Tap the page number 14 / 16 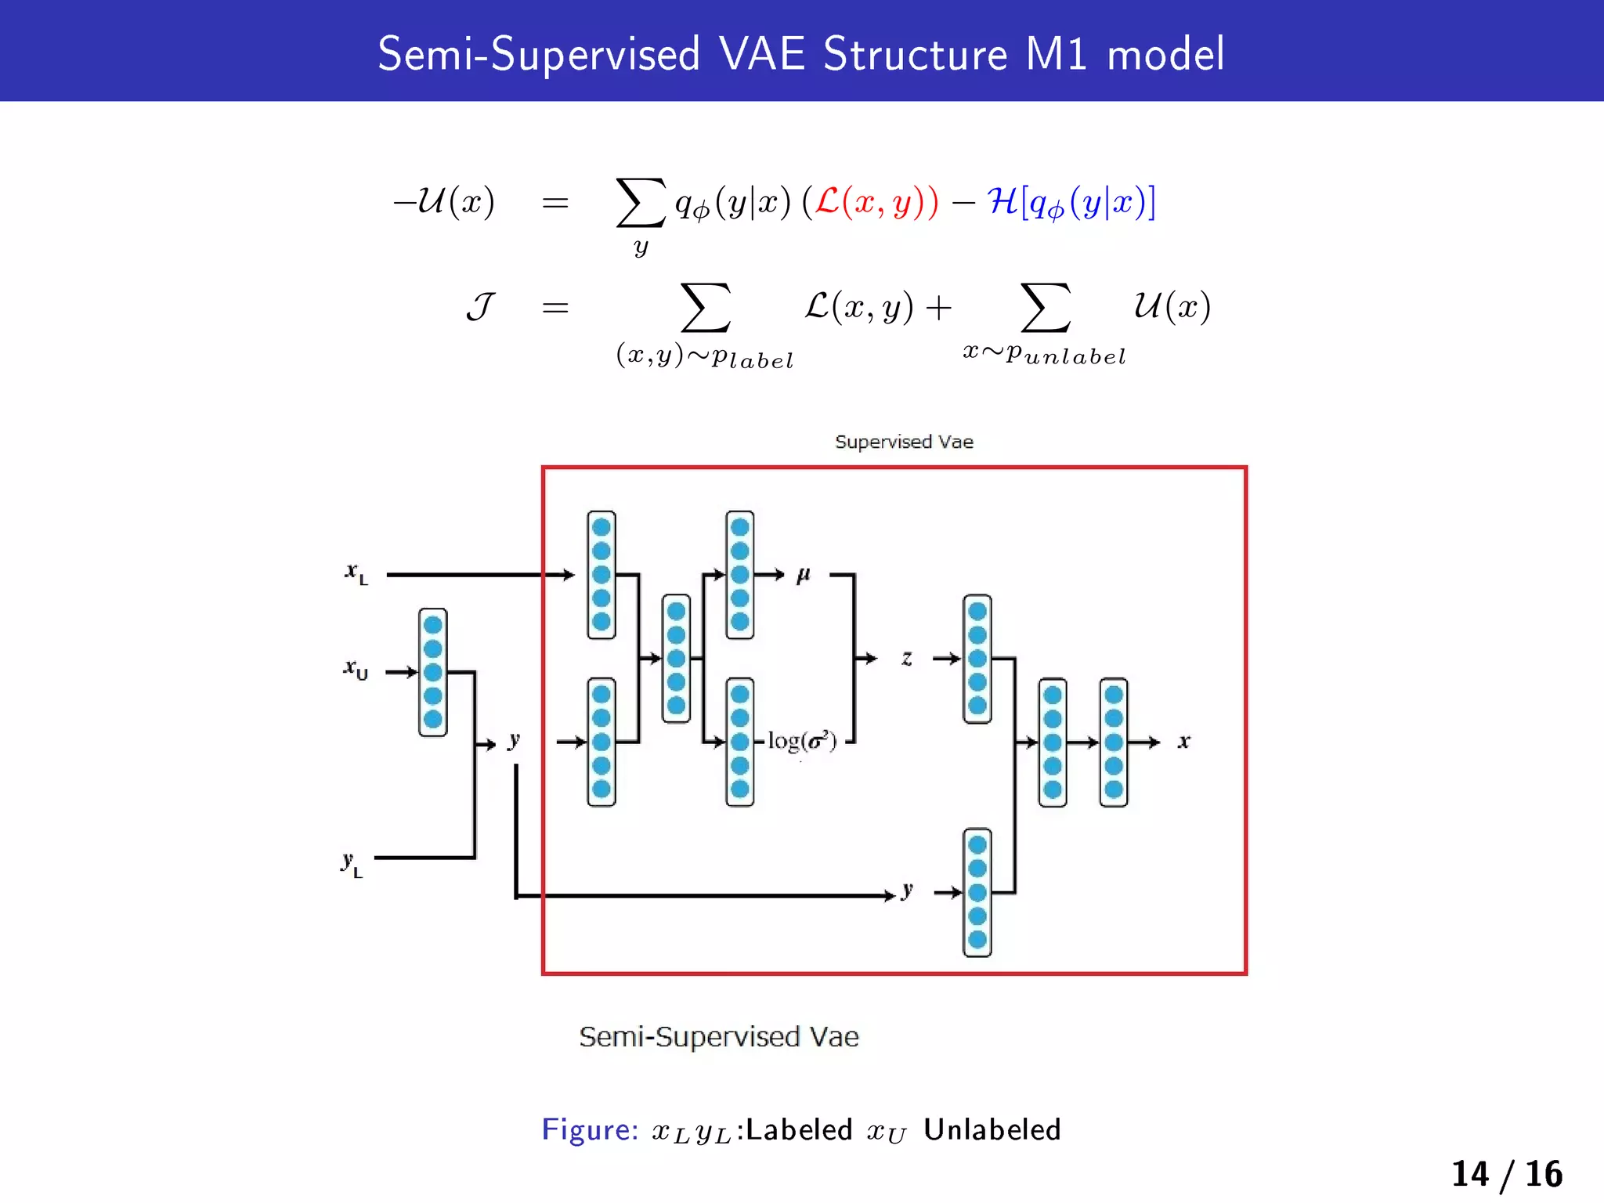(1506, 1173)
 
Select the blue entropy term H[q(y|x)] (1071, 202)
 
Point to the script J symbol (480, 306)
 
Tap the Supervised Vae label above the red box (904, 442)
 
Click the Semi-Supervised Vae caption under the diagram (718, 1036)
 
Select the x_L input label (356, 573)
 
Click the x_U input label (356, 670)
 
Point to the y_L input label (352, 864)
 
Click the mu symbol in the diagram (803, 576)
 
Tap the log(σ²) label (801, 740)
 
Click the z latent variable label (907, 658)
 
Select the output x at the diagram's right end (1183, 741)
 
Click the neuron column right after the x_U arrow (432, 672)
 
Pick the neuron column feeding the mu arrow (739, 575)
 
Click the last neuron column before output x (1113, 742)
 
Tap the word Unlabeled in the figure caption (992, 1129)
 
